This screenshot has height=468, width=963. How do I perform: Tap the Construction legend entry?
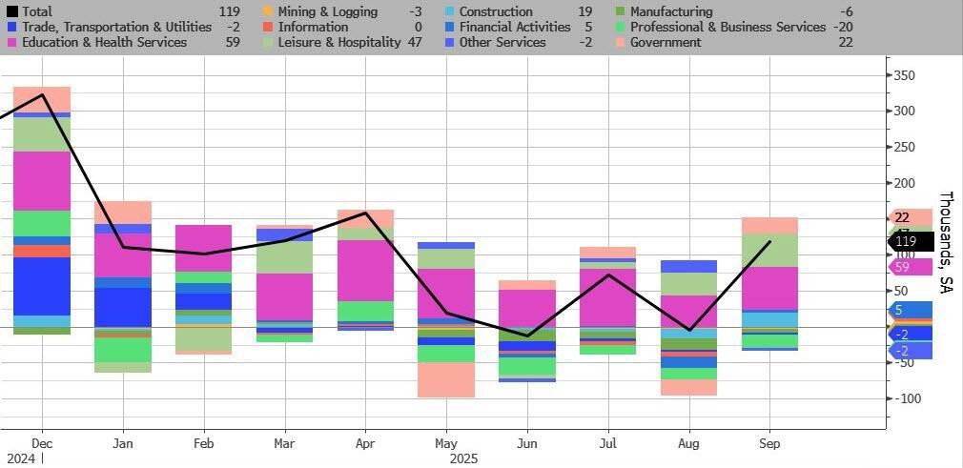pyautogui.click(x=496, y=11)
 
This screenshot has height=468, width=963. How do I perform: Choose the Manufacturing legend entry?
pyautogui.click(x=670, y=11)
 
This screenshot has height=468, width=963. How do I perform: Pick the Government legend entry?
pyautogui.click(x=665, y=42)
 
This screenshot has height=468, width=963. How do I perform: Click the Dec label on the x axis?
pyautogui.click(x=41, y=443)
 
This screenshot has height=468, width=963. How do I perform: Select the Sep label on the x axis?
pyautogui.click(x=769, y=443)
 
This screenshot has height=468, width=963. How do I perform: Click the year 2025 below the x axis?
pyautogui.click(x=462, y=458)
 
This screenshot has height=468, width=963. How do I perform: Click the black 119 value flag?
pyautogui.click(x=906, y=242)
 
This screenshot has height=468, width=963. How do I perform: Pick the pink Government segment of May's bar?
pyautogui.click(x=445, y=379)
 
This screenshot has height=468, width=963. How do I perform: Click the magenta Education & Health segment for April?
pyautogui.click(x=365, y=271)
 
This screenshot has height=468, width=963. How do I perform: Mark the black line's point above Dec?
pyautogui.click(x=42, y=94)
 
